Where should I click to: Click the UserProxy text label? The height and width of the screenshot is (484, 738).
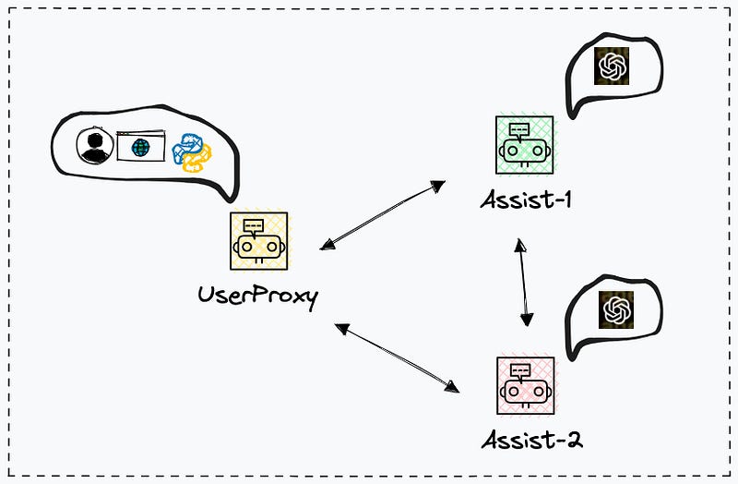coord(257,297)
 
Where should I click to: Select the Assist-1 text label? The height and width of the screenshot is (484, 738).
coord(525,198)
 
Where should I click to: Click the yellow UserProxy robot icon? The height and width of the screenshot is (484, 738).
coord(258,241)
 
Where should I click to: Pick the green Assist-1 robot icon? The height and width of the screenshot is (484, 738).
coord(524,144)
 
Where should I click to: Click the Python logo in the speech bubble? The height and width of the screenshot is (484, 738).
coord(191,151)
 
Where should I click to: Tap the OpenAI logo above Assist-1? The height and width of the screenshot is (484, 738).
coord(612,67)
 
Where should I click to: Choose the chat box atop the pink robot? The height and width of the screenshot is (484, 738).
coord(521,370)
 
